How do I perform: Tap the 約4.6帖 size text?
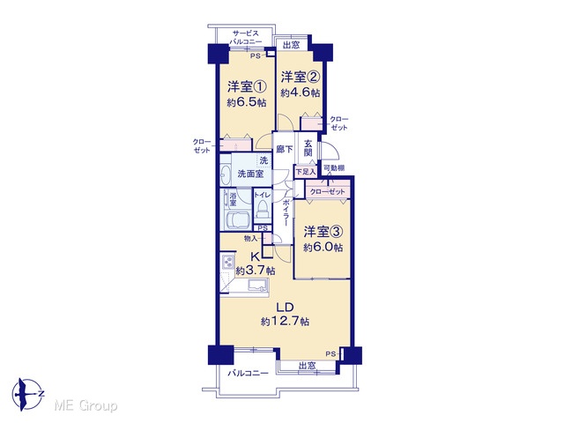(x=301, y=93)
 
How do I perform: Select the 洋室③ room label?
(x=323, y=232)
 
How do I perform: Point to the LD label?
(x=286, y=308)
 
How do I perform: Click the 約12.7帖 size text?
(x=286, y=321)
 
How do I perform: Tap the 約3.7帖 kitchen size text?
(x=256, y=271)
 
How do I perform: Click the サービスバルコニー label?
(x=246, y=37)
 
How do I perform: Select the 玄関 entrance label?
(x=308, y=147)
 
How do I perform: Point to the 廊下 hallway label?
(x=284, y=149)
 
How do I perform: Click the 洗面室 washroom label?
(x=250, y=174)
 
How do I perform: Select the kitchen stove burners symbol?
(x=228, y=262)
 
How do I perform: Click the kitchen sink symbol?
(x=258, y=286)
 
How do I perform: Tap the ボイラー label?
(x=286, y=212)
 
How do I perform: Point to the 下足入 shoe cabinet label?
(x=306, y=172)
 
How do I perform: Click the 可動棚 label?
(x=334, y=167)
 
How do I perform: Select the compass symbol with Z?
(x=27, y=394)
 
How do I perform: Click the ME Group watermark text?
(x=85, y=406)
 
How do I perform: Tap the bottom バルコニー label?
(x=248, y=374)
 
